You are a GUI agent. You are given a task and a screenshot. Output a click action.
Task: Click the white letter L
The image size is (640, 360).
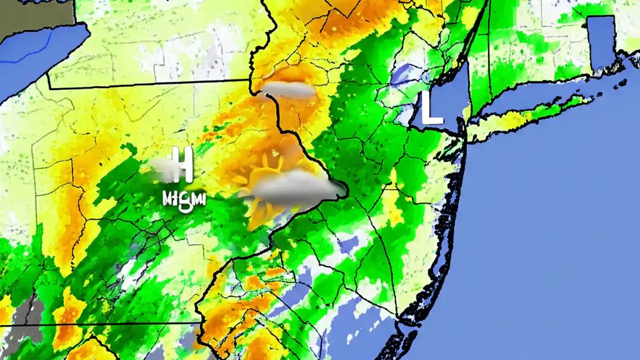(x=431, y=108)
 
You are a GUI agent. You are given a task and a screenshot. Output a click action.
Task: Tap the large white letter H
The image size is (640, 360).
(x=183, y=164)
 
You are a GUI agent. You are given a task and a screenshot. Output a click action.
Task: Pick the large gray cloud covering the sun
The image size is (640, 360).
(x=295, y=188)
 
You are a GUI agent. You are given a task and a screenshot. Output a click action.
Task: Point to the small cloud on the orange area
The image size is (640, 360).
(x=289, y=90)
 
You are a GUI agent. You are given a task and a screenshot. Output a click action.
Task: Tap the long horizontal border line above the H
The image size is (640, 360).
(x=150, y=84)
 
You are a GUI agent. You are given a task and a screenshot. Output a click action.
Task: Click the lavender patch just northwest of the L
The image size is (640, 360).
(x=402, y=75)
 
